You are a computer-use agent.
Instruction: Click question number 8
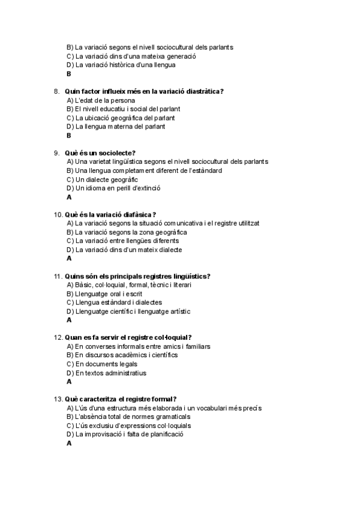click(56, 91)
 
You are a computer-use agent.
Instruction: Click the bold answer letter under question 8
click(69, 136)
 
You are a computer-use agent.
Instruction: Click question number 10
click(58, 214)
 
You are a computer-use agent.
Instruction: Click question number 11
click(58, 276)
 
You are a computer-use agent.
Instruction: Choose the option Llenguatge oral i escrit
click(110, 294)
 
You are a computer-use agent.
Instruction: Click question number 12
click(58, 337)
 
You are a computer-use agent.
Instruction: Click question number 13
click(58, 399)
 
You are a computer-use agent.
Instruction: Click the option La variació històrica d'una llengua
click(129, 65)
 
